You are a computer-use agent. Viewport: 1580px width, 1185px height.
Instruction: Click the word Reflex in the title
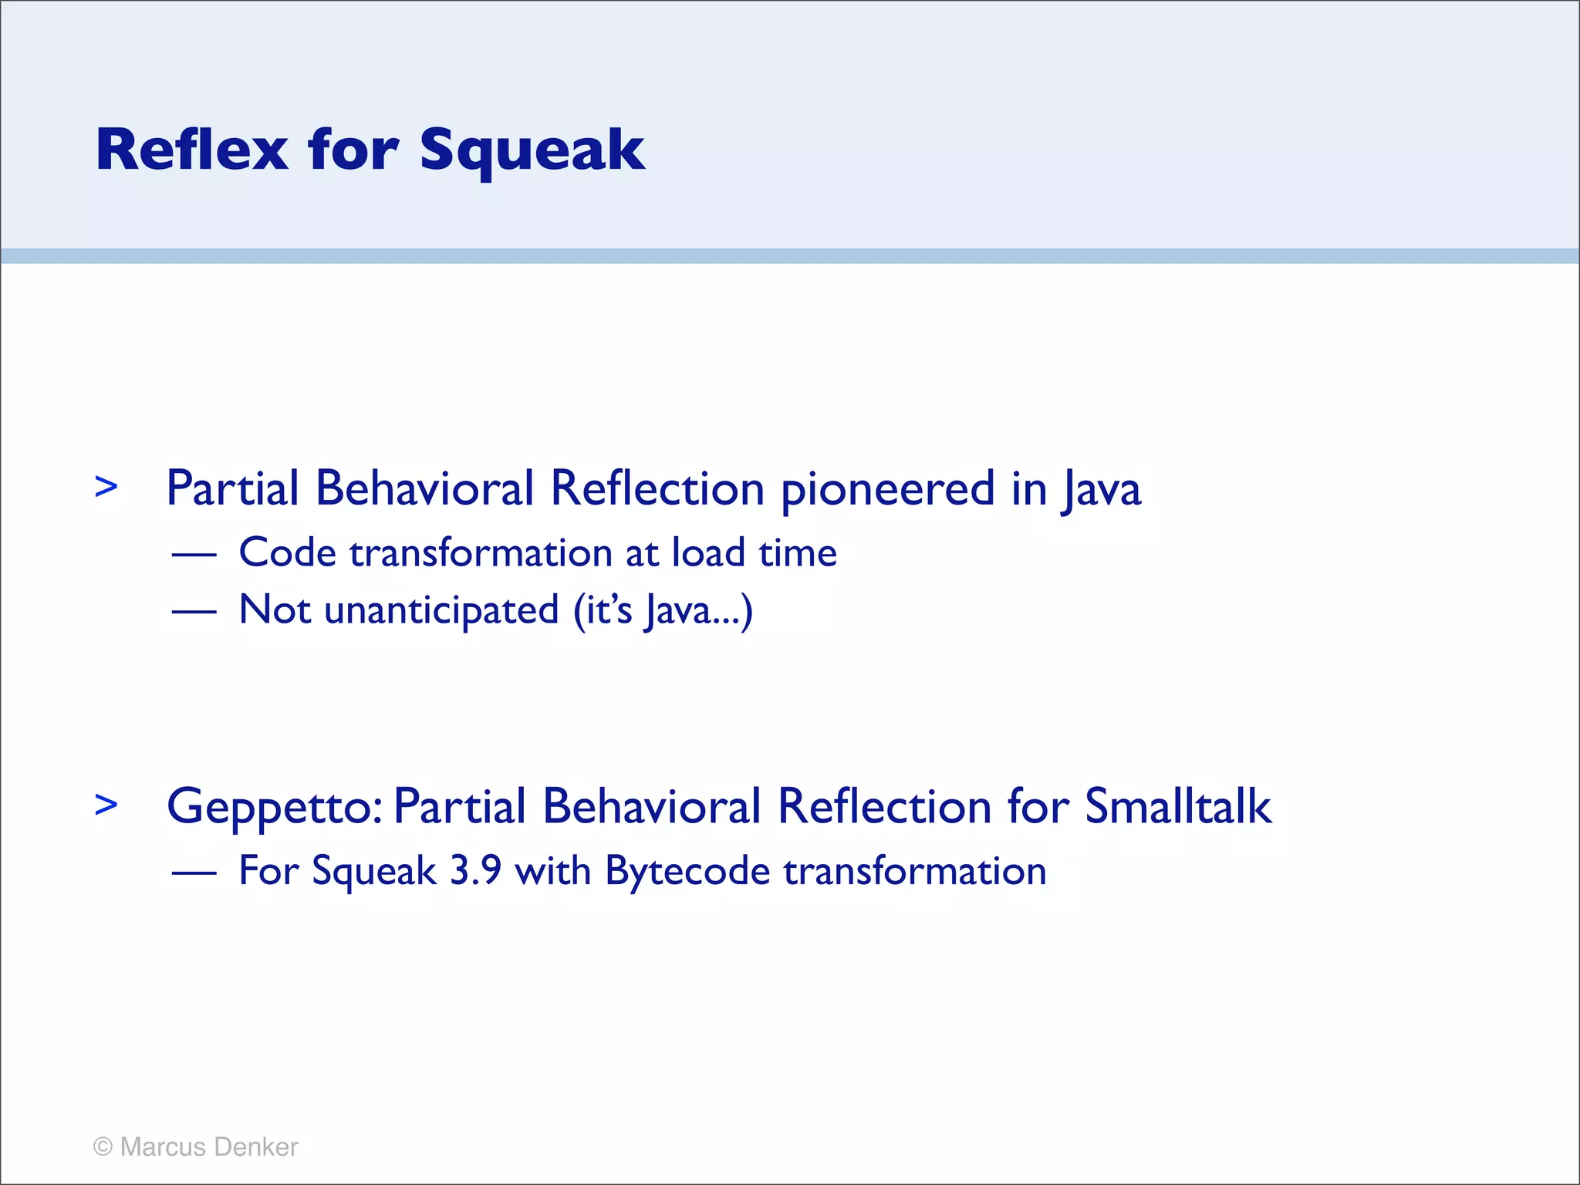pyautogui.click(x=191, y=150)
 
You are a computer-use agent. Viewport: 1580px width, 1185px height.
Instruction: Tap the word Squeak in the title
pyautogui.click(x=532, y=151)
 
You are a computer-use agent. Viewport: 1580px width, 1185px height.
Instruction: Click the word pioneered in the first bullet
pyautogui.click(x=887, y=491)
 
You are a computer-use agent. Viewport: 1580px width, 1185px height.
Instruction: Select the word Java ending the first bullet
pyautogui.click(x=1102, y=491)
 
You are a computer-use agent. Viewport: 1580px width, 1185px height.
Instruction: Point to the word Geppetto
pyautogui.click(x=274, y=809)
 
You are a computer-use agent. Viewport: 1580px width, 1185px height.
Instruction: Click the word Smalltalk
pyautogui.click(x=1177, y=807)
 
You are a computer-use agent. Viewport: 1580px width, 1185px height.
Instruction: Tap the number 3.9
pyautogui.click(x=475, y=871)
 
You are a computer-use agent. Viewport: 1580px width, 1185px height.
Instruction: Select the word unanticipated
pyautogui.click(x=441, y=611)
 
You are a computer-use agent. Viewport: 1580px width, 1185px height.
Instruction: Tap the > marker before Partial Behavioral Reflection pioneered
pyautogui.click(x=106, y=487)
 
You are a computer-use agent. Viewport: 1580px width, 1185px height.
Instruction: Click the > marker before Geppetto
pyautogui.click(x=106, y=805)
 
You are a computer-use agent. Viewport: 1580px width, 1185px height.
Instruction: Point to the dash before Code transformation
pyautogui.click(x=194, y=555)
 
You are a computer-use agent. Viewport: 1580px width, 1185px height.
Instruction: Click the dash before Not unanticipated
pyautogui.click(x=194, y=612)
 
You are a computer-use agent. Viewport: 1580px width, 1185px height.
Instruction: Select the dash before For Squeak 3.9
pyautogui.click(x=194, y=873)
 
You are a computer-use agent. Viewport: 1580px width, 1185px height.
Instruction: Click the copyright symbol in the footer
pyautogui.click(x=103, y=1147)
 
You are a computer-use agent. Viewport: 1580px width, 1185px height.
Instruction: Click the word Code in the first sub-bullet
pyautogui.click(x=287, y=553)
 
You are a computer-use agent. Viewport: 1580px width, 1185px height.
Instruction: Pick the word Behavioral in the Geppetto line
pyautogui.click(x=651, y=807)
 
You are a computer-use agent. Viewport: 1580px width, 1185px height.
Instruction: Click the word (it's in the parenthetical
pyautogui.click(x=603, y=611)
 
